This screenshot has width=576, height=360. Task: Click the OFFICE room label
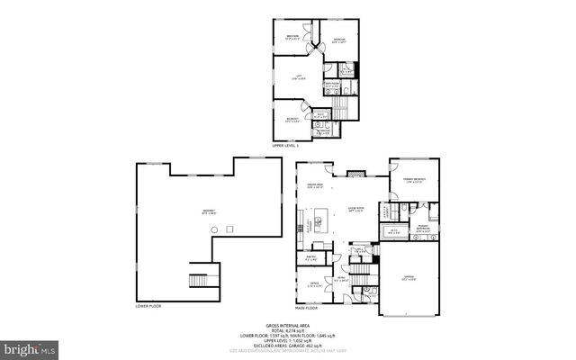click(x=314, y=285)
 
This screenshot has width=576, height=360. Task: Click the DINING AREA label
click(x=314, y=186)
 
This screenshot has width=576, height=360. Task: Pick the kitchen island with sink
click(x=319, y=221)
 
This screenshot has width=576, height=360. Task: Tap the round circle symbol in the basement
click(x=213, y=229)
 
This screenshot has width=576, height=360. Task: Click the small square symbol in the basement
click(x=230, y=229)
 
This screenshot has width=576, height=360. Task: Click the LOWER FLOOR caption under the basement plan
click(x=148, y=306)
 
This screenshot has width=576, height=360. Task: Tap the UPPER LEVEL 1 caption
click(x=286, y=144)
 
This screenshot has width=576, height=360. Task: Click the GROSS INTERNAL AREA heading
click(x=287, y=325)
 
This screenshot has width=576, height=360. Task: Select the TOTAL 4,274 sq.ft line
click(x=287, y=330)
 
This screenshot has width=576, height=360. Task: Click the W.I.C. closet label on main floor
click(x=394, y=230)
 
